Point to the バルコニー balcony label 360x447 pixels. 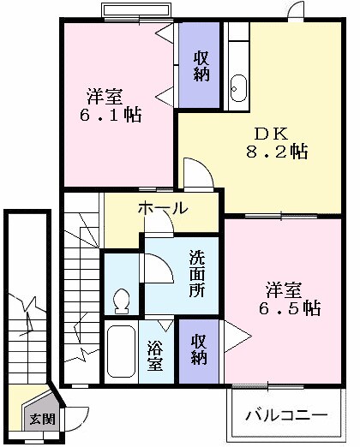coord(286,415)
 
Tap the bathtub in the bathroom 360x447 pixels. coord(120,352)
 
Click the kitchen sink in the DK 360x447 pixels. coord(237,86)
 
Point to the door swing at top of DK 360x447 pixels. coord(296,11)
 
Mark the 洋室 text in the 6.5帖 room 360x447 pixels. coord(281,289)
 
